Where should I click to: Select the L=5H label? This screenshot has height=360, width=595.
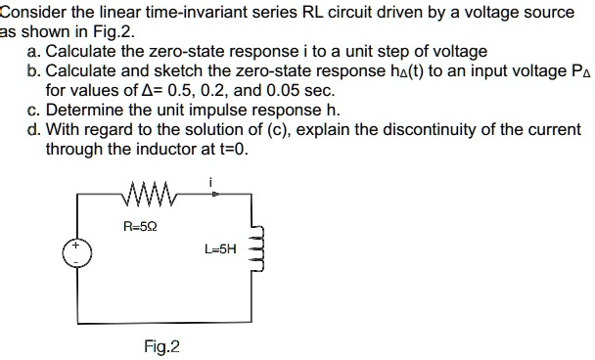tap(220, 248)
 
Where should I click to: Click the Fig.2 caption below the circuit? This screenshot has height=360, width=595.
tap(161, 346)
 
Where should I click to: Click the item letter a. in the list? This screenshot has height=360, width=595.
tap(35, 50)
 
